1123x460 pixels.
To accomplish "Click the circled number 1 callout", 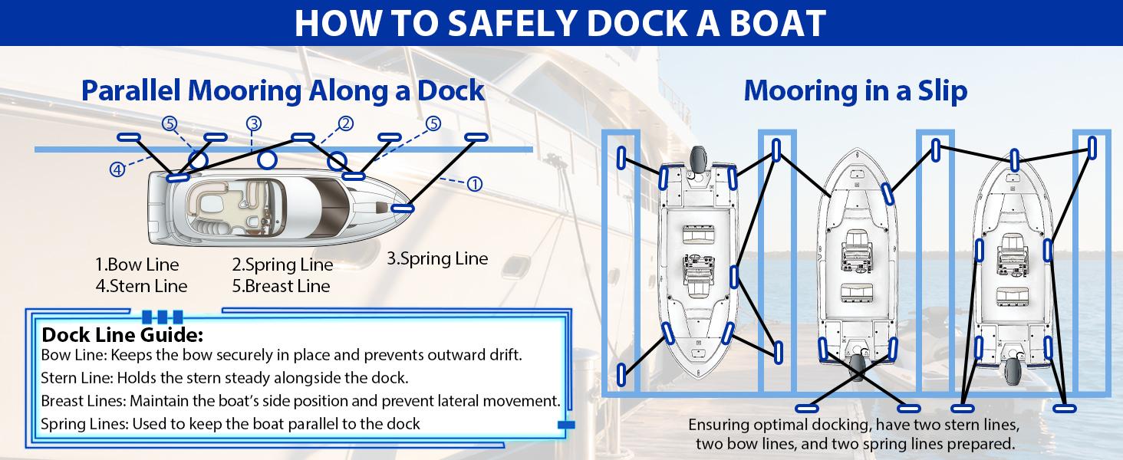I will [474, 183].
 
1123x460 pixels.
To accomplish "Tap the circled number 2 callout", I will [345, 123].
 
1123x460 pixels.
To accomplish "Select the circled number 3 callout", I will [254, 123].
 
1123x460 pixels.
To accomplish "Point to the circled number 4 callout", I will [117, 169].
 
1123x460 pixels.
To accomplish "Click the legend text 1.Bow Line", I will [137, 265].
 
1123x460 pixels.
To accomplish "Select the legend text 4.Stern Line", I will [141, 286].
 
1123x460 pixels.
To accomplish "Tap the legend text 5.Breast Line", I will [281, 286].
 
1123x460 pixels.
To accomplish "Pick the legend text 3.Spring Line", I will [436, 258].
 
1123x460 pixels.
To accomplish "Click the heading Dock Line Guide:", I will [122, 335].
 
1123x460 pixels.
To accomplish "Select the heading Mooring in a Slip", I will [855, 91].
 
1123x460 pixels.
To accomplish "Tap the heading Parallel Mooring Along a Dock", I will [283, 90].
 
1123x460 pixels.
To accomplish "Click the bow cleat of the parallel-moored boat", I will [403, 207].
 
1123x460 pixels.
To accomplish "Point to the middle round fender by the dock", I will [267, 159].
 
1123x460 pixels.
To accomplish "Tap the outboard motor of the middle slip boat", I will [857, 366].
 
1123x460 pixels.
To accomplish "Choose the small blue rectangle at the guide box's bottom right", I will [566, 424].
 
